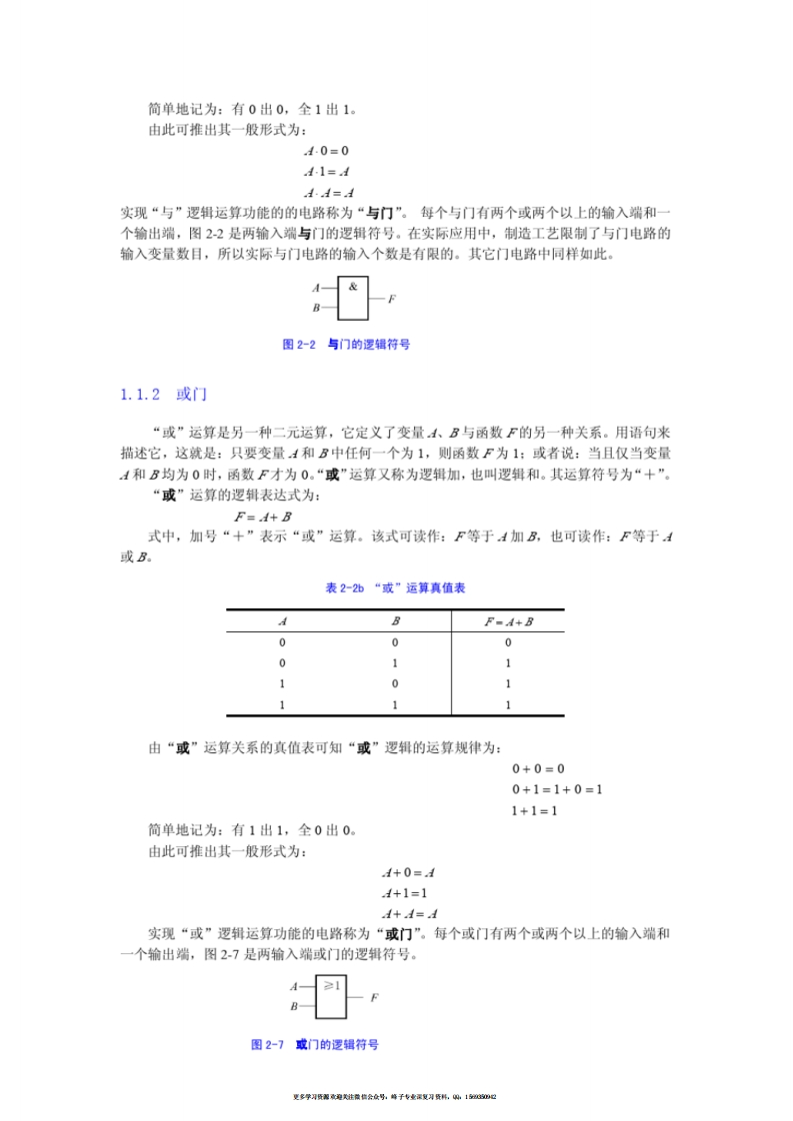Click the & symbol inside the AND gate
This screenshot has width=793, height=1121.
click(352, 286)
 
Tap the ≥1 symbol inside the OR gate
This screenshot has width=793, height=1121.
click(331, 985)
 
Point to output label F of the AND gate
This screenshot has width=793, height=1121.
click(391, 299)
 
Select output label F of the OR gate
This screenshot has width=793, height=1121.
click(374, 997)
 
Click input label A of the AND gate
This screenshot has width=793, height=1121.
click(315, 287)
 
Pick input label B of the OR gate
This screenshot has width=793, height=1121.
click(294, 1007)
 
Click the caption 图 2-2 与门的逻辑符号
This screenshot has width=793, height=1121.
click(347, 344)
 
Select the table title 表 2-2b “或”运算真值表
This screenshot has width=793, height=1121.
click(395, 588)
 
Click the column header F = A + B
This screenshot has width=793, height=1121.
click(508, 621)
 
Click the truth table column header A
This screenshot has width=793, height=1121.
click(282, 621)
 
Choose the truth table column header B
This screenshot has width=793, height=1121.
click(395, 621)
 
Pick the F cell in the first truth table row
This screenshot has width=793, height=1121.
click(508, 643)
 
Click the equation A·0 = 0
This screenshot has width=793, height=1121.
click(326, 151)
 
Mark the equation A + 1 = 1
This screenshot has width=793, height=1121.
click(404, 893)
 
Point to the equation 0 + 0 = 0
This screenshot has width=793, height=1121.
click(538, 769)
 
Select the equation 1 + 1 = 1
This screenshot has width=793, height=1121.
click(534, 810)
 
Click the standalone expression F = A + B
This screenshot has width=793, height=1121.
click(262, 517)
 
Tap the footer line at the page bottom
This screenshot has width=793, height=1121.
click(395, 1097)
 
